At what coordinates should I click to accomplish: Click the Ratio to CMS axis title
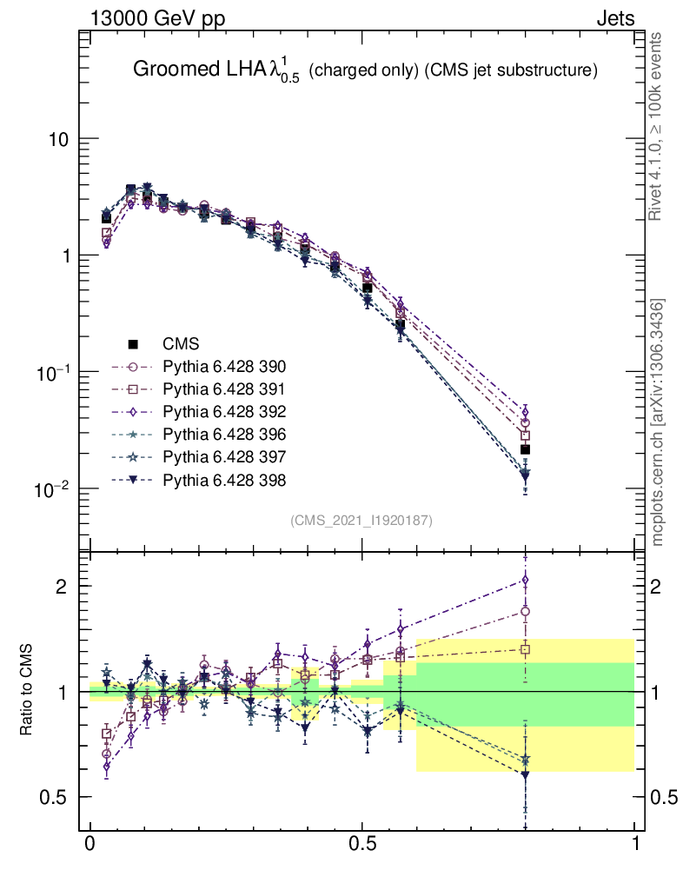point(29,691)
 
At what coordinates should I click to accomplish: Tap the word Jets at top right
point(614,17)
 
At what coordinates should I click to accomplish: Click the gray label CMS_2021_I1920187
point(361,520)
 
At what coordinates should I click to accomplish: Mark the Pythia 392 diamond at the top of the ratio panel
point(525,580)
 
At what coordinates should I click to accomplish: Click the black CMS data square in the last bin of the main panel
point(525,449)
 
